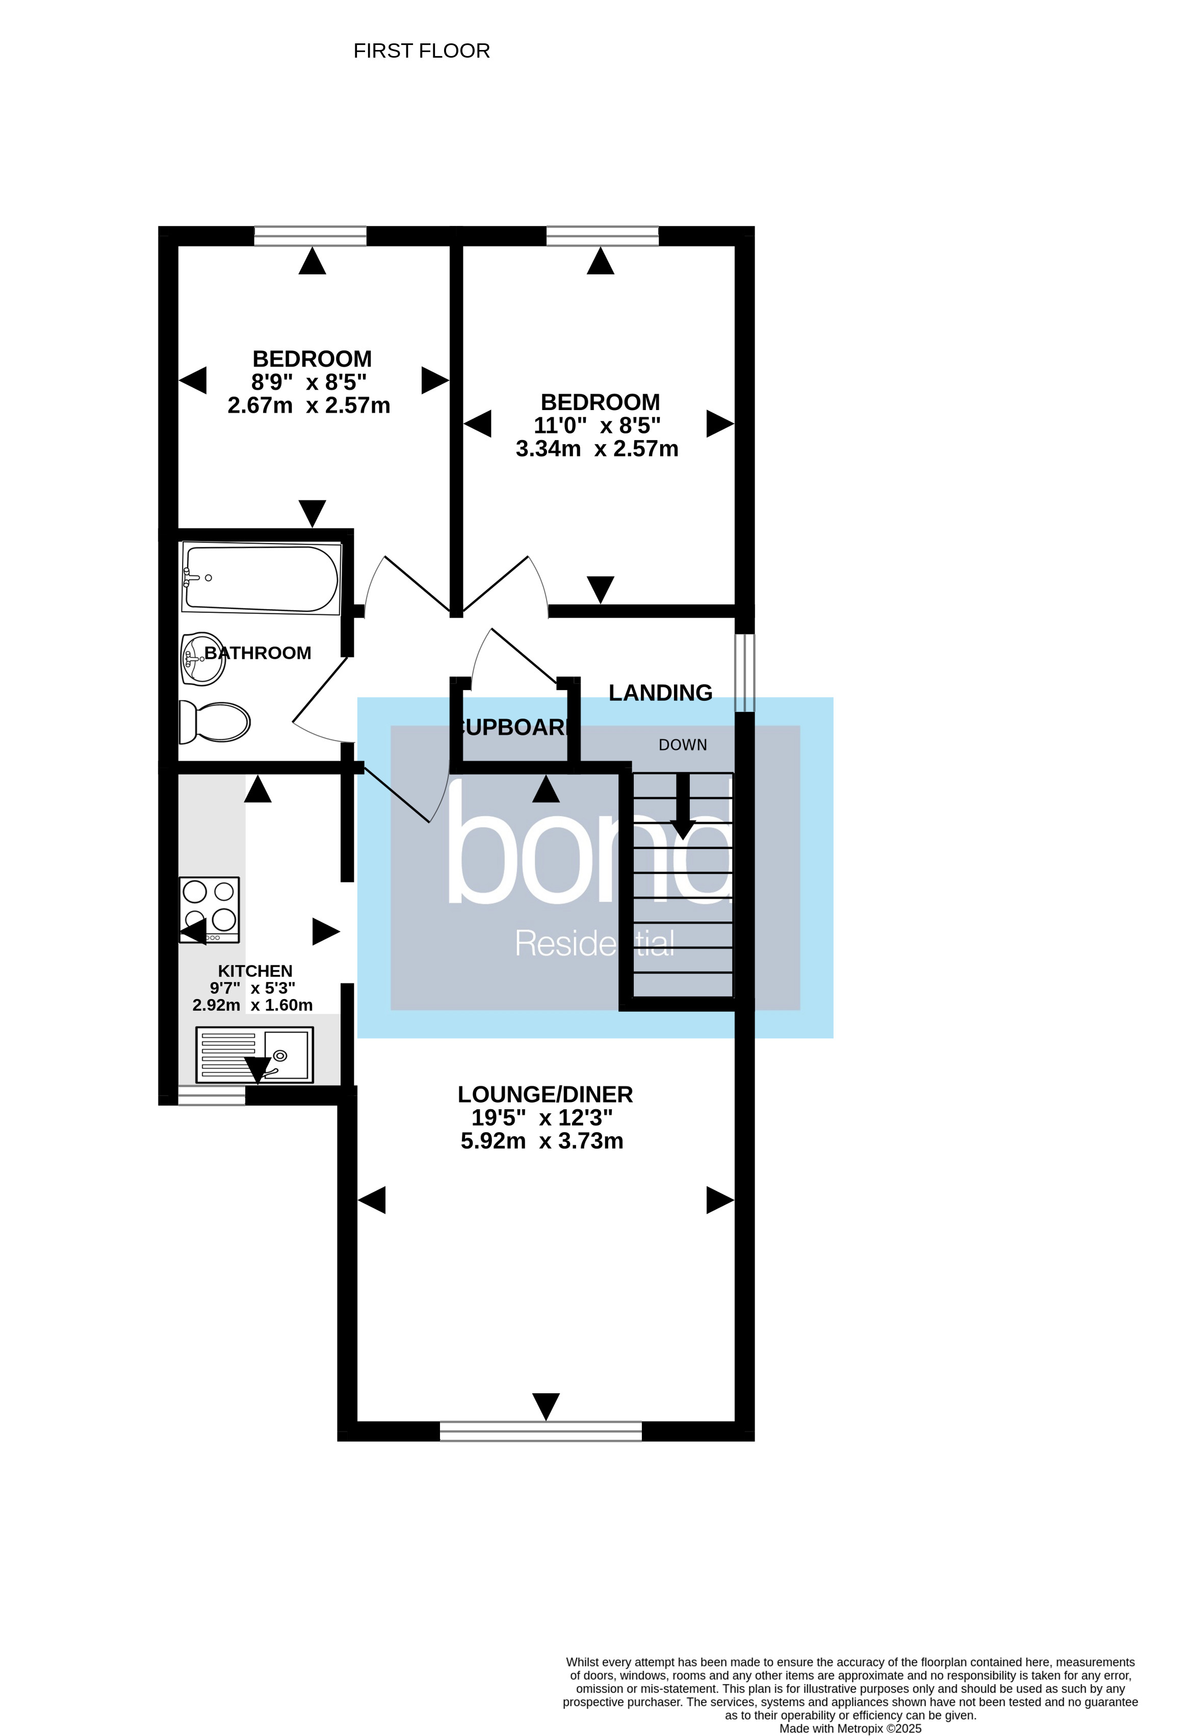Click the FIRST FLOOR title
[x=421, y=51]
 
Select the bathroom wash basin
[x=203, y=659]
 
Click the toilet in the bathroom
[x=215, y=722]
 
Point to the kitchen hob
[x=209, y=909]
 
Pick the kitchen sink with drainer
[x=254, y=1054]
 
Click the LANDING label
[x=660, y=693]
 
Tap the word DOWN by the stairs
[x=683, y=745]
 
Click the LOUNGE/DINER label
[x=545, y=1094]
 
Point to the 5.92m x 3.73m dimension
[x=542, y=1141]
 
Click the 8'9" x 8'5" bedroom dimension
[x=308, y=382]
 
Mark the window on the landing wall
[x=744, y=672]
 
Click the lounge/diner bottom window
[x=540, y=1431]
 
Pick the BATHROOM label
[x=257, y=653]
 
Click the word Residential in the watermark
[x=594, y=943]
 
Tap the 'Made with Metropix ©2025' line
[x=850, y=1728]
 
